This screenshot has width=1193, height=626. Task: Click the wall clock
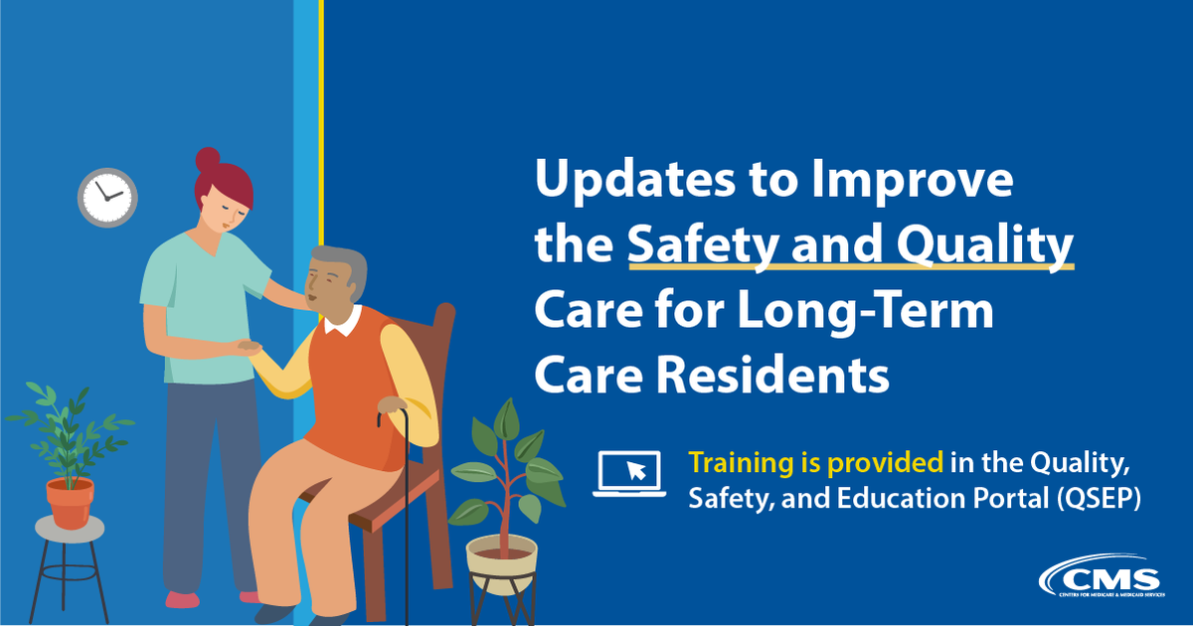click(107, 197)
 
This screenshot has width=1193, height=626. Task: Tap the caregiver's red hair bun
click(207, 159)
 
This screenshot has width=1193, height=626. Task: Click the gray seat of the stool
click(70, 529)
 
